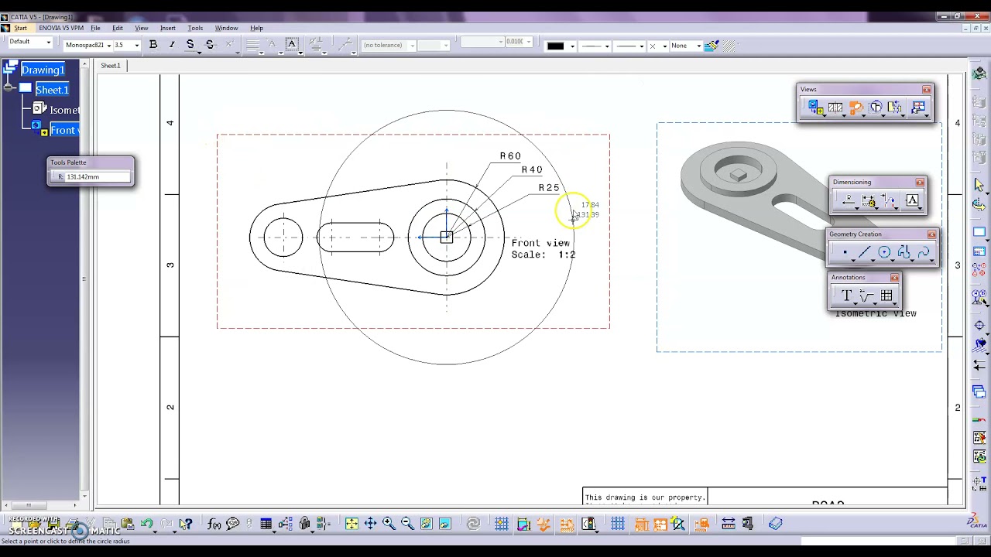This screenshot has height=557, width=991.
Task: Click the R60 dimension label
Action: click(x=510, y=156)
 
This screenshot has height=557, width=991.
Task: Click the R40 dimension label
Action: click(x=532, y=170)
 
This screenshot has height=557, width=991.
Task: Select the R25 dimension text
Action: click(x=549, y=188)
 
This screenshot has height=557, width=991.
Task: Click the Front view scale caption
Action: click(x=542, y=248)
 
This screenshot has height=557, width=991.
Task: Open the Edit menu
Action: click(x=118, y=28)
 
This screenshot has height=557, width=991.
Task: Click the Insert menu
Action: click(x=167, y=28)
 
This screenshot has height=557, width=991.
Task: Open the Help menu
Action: click(x=256, y=28)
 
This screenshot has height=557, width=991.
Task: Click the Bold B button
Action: click(x=153, y=45)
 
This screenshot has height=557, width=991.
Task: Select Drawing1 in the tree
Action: click(x=43, y=70)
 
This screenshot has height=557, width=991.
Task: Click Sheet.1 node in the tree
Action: click(x=52, y=90)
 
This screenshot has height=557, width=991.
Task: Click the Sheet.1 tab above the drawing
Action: click(x=111, y=66)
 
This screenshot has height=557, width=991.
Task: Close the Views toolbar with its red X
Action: click(x=927, y=90)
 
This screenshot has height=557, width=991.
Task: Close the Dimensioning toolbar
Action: click(x=920, y=183)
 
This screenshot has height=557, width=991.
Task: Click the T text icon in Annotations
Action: click(x=846, y=296)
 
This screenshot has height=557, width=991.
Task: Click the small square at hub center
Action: click(x=447, y=237)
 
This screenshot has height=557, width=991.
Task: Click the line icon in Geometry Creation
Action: click(x=864, y=252)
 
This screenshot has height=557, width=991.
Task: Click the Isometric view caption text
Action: click(x=876, y=313)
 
